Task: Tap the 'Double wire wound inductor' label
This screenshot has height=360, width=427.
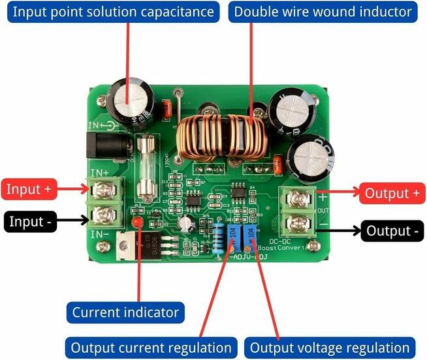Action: [323, 12]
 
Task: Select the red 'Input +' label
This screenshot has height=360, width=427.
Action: [29, 189]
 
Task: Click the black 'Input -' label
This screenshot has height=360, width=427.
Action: [29, 221]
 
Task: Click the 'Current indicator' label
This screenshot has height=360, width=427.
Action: [125, 312]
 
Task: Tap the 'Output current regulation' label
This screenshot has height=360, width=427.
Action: [151, 348]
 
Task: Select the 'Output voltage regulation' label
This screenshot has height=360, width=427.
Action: [330, 348]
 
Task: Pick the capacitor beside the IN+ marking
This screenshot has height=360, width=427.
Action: [131, 101]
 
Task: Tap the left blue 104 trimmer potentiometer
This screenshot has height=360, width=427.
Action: [232, 236]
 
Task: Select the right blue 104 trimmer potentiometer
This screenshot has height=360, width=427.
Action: [249, 236]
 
